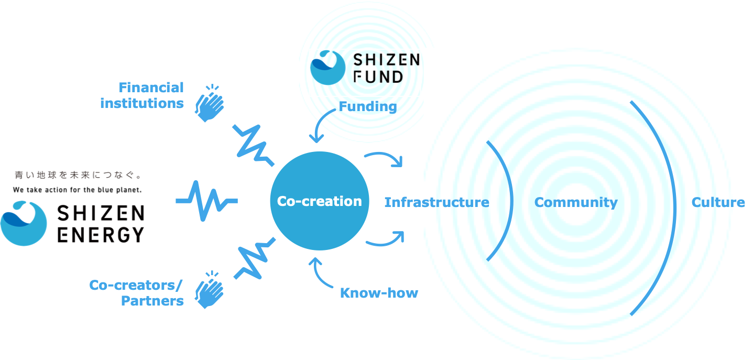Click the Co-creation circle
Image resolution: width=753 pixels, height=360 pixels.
tap(319, 201)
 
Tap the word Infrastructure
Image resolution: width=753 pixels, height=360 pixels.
tap(436, 202)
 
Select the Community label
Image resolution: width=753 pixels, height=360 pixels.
tap(576, 202)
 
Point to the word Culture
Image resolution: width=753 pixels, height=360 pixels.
tap(718, 202)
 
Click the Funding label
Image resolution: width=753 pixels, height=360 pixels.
tap(367, 106)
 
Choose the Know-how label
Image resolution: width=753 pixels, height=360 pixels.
tap(379, 292)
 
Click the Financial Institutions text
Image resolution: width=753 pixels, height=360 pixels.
tap(142, 95)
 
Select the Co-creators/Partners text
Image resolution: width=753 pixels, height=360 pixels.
tap(136, 292)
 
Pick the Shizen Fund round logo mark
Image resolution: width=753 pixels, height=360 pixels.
tap(328, 68)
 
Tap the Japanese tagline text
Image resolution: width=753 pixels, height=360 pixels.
tap(78, 175)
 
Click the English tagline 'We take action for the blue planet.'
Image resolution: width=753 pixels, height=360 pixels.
tap(78, 190)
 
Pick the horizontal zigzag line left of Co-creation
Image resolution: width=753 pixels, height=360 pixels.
tap(206, 201)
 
